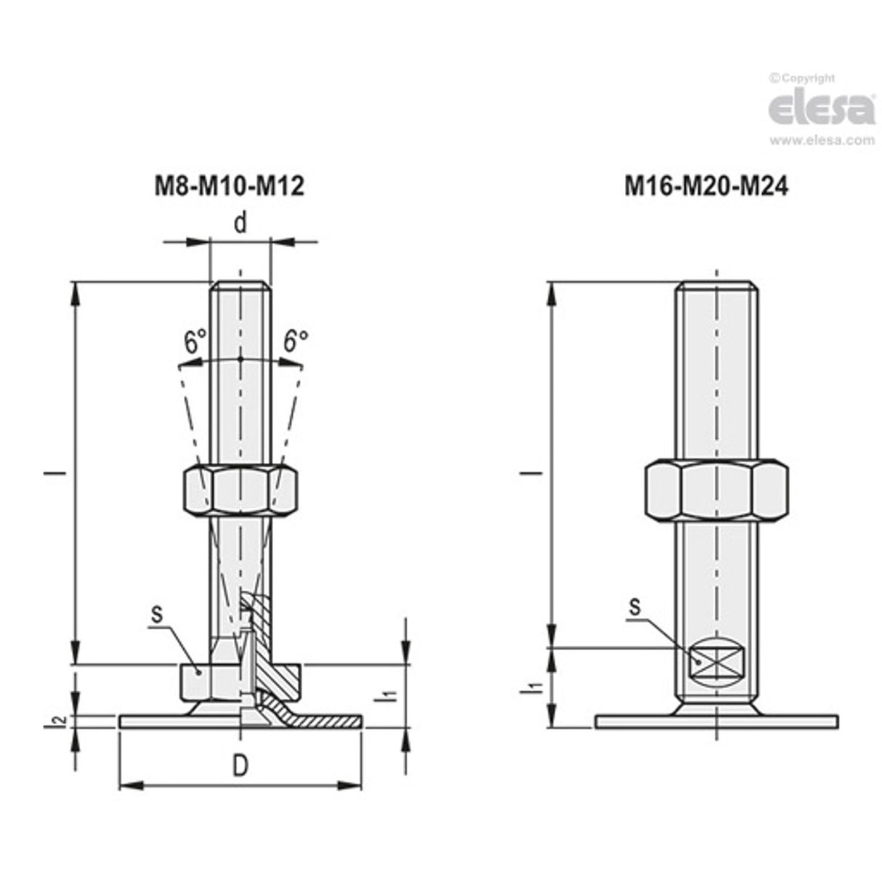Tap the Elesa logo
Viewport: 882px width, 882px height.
click(x=822, y=109)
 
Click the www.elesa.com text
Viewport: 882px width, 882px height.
click(x=822, y=141)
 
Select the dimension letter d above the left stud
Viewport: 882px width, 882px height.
click(x=240, y=223)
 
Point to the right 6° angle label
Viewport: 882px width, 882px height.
click(x=295, y=341)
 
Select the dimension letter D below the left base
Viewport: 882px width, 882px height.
click(x=240, y=765)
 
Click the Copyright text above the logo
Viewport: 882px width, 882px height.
click(x=803, y=78)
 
